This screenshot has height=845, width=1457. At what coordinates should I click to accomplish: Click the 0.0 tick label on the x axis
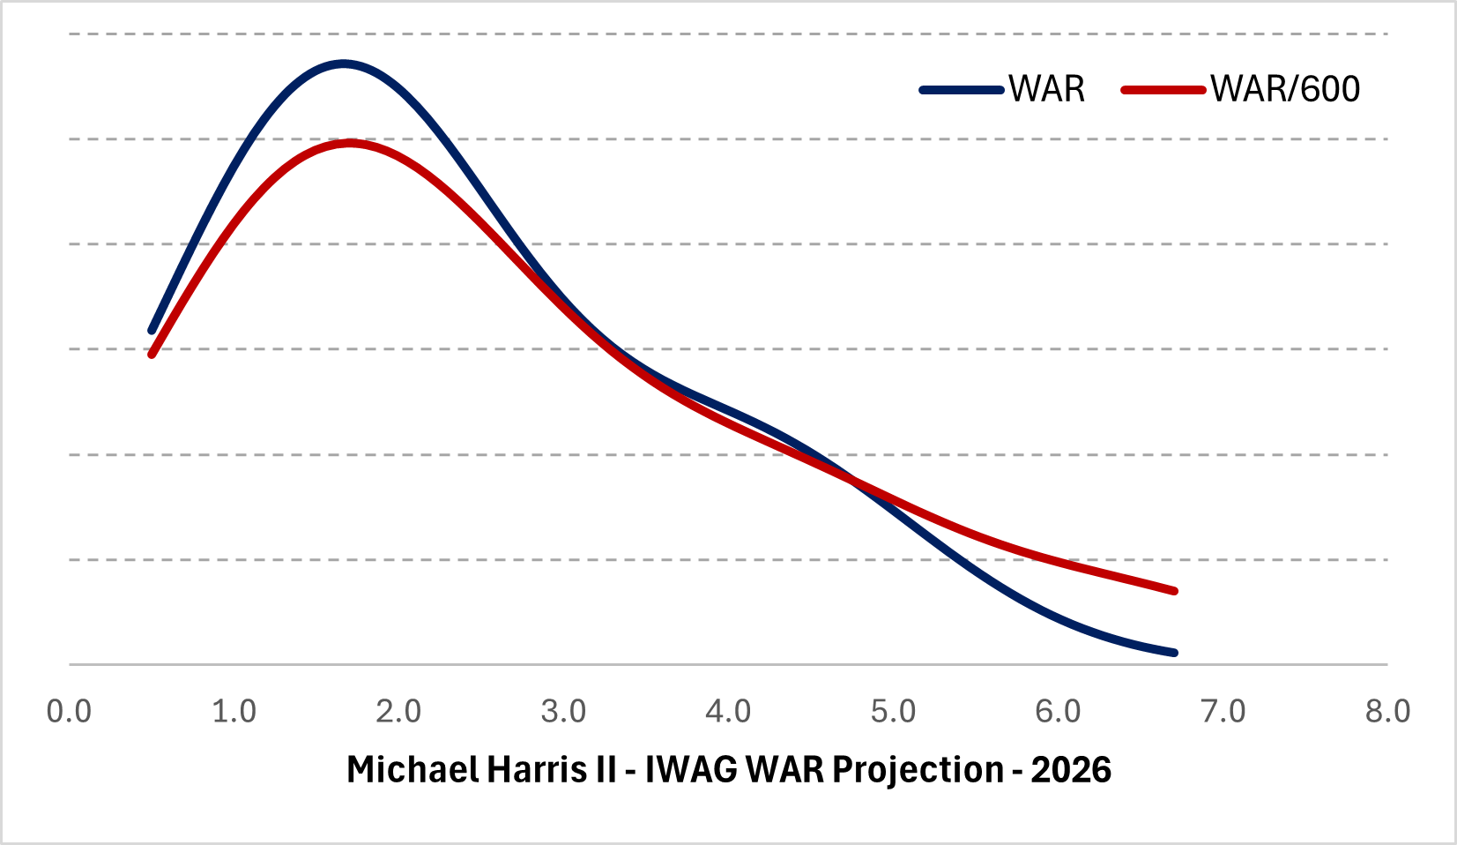69,711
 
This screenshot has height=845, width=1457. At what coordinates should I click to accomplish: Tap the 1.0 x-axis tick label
234,711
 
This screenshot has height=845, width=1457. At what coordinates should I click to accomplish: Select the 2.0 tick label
398,711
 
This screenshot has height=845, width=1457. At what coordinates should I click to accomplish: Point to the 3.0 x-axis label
563,711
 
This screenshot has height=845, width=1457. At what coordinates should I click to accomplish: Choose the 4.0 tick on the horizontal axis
728,711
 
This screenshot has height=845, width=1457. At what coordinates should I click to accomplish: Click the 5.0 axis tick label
893,711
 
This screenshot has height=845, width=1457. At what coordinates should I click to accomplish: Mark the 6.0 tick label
1058,711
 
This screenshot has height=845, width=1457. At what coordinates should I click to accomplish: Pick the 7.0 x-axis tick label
1223,711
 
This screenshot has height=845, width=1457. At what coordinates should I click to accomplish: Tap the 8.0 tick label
1388,711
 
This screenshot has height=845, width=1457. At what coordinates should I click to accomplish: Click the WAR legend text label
1047,89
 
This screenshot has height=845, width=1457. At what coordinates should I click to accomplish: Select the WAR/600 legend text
1285,89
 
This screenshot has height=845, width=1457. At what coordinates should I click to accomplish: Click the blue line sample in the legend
962,90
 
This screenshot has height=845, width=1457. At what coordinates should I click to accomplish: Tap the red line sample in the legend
1163,90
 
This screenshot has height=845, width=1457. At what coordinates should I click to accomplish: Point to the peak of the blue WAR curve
343,64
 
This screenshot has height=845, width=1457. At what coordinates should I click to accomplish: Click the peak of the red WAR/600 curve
350,142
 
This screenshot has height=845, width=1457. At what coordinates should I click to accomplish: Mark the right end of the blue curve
1174,653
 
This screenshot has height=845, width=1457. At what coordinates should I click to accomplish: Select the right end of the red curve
1174,591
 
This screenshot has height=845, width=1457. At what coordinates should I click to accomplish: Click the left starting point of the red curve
152,355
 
